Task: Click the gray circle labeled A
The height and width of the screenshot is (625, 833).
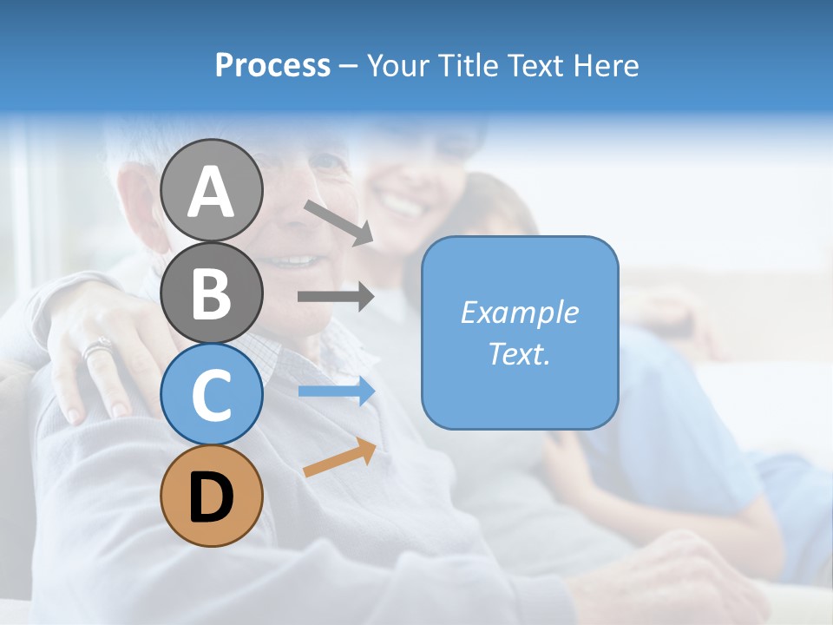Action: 211,190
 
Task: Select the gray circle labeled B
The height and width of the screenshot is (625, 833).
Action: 211,293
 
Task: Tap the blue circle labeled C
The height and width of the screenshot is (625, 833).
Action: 211,394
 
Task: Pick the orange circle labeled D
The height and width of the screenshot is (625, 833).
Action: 211,496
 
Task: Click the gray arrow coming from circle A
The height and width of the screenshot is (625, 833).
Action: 338,222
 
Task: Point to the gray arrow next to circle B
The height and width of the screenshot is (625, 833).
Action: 336,297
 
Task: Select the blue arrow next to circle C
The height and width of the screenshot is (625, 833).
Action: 337,391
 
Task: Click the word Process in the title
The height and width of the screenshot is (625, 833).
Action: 272,65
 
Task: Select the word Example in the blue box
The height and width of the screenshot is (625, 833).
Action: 519,312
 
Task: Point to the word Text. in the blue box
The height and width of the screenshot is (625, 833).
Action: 519,353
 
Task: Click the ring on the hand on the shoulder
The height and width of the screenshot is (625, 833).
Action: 97,349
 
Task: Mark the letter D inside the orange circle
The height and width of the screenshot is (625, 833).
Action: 211,497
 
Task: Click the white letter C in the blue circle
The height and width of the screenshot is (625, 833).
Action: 211,395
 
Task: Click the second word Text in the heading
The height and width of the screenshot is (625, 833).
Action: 536,65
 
